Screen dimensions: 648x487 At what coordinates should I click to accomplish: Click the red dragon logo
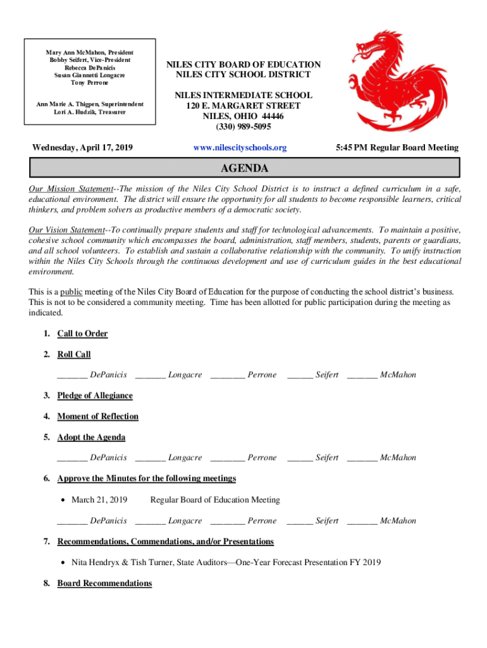click(x=398, y=76)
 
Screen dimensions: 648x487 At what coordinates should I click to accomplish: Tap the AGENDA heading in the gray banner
click(x=244, y=168)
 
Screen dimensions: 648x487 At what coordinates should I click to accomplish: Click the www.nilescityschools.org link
click(x=240, y=147)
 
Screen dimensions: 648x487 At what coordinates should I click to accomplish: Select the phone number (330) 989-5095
click(x=243, y=127)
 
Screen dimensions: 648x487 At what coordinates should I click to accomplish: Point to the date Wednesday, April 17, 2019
click(x=82, y=147)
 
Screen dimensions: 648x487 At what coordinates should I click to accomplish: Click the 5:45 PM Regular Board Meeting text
click(x=397, y=147)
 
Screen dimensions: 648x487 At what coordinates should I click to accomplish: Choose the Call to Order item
click(x=82, y=333)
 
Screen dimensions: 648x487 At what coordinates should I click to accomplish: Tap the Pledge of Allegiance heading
click(x=95, y=396)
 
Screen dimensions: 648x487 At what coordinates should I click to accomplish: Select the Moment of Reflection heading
click(x=97, y=416)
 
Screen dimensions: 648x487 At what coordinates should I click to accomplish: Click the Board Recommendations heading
click(x=104, y=583)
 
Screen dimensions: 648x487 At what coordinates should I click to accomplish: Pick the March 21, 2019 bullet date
click(x=99, y=500)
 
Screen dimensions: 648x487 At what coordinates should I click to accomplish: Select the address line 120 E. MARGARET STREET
click(x=243, y=106)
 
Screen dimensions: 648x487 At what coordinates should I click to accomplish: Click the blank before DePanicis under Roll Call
click(x=71, y=375)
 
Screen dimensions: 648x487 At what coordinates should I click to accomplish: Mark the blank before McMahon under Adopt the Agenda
click(x=362, y=458)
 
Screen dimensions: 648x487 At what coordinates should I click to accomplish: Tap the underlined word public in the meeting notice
click(x=71, y=292)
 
